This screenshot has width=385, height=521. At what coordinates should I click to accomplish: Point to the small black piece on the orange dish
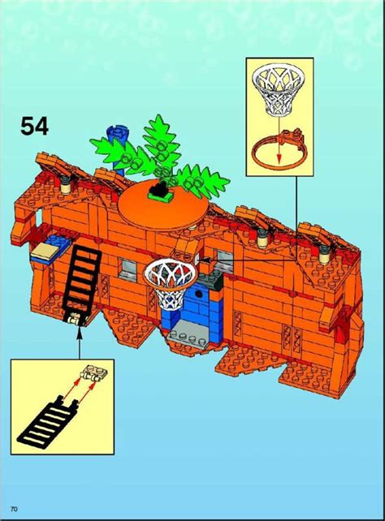coord(159,190)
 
